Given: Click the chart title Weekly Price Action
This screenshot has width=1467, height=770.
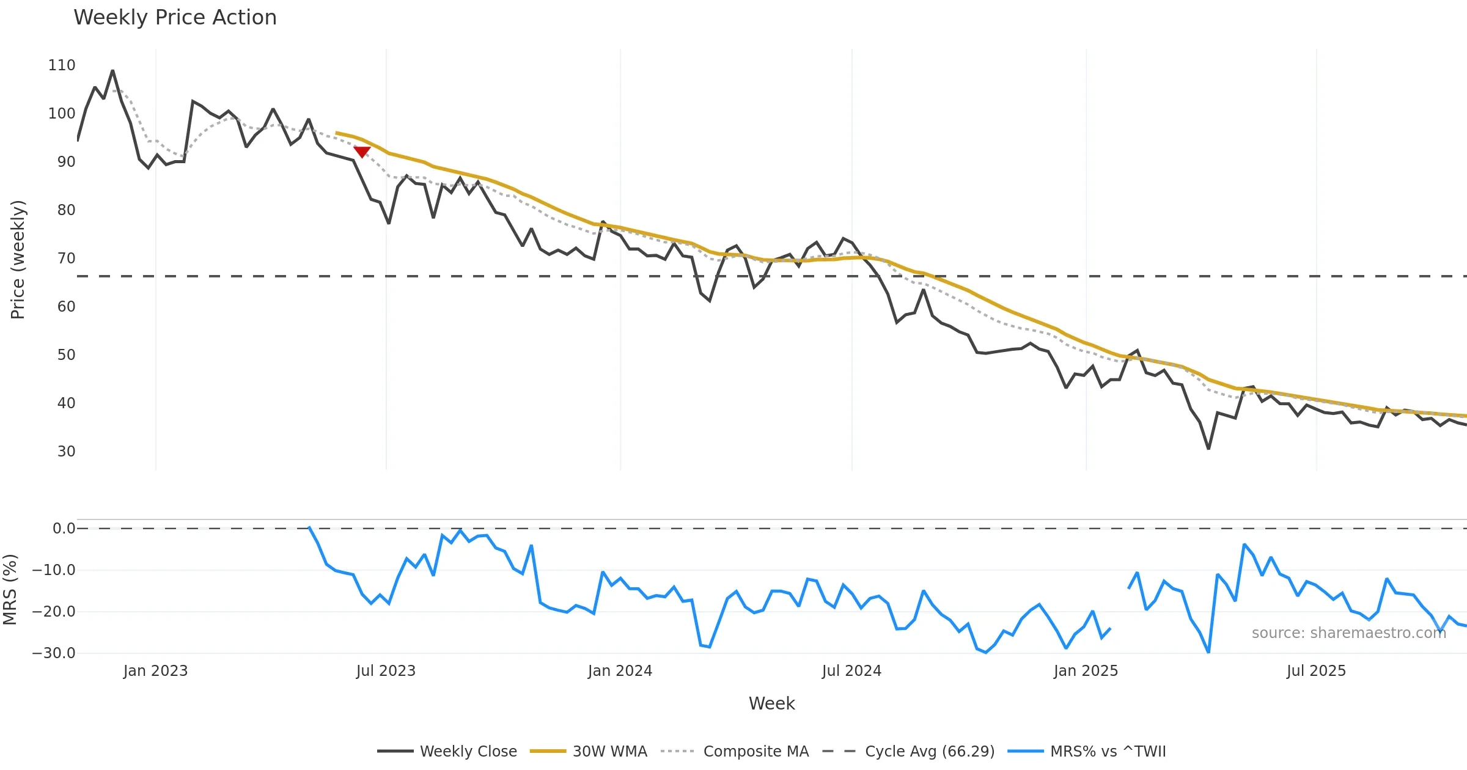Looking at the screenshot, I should click(175, 18).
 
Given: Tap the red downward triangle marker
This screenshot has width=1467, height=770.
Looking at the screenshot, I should click(362, 152).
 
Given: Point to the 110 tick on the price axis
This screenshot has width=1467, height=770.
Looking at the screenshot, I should click(62, 65).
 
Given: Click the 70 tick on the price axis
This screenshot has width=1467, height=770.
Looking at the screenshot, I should click(66, 258).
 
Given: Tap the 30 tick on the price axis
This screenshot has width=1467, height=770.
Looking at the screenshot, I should click(66, 452).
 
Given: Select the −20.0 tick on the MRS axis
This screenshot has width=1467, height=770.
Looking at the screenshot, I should click(54, 612).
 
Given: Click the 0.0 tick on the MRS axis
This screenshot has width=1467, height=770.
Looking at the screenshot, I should click(64, 529).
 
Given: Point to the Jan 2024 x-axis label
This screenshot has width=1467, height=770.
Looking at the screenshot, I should click(620, 671).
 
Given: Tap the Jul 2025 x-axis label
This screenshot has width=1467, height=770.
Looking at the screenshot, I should click(1316, 671).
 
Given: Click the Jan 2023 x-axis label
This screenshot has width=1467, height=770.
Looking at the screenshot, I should click(155, 671).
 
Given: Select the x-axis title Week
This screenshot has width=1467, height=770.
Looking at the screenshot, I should click(771, 704).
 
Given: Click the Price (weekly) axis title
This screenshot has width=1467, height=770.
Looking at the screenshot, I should click(18, 260).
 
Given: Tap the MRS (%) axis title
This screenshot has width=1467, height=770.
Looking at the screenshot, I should click(10, 590).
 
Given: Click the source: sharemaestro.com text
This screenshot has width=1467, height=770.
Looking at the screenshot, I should click(1348, 633).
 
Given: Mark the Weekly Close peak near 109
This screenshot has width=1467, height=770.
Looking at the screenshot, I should click(112, 71).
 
